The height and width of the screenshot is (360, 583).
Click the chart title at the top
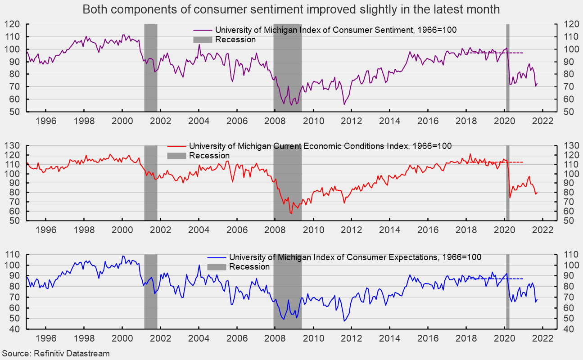[x=291, y=9]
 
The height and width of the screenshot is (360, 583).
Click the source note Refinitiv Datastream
[x=55, y=354]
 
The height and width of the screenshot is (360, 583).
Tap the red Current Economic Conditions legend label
[x=320, y=146]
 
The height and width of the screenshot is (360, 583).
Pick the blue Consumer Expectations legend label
[x=355, y=257]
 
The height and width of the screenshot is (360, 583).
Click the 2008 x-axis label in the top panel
[x=275, y=121]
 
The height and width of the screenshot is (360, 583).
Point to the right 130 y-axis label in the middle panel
[x=568, y=145]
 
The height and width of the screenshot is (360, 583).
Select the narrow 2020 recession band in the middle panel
[x=507, y=202]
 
